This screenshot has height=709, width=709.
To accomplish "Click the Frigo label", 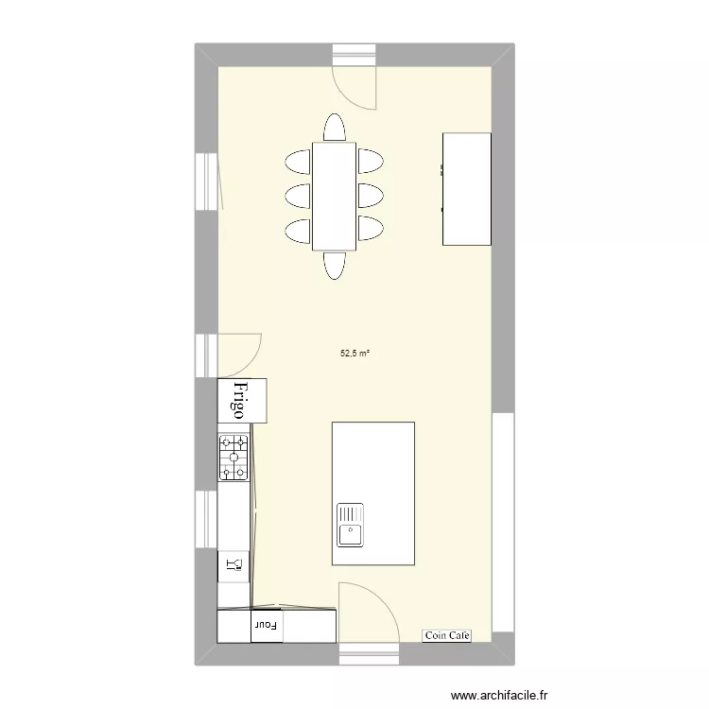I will click(240, 401).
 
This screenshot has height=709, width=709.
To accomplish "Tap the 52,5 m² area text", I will click(354, 354).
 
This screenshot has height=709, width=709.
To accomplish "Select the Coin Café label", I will click(446, 636).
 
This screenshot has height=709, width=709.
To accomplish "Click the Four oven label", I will click(267, 625).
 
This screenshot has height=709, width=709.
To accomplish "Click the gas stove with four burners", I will click(233, 457).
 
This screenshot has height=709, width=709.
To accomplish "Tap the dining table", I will click(334, 196).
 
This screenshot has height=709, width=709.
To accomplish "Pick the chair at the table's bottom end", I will click(335, 265).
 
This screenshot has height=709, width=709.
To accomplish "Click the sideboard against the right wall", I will click(467, 189).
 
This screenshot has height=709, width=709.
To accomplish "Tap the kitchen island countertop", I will click(373, 463).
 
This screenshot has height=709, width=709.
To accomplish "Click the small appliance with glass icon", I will click(233, 565).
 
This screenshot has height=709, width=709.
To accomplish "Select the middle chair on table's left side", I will click(298, 196).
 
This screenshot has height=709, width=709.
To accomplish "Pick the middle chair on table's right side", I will click(370, 196).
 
